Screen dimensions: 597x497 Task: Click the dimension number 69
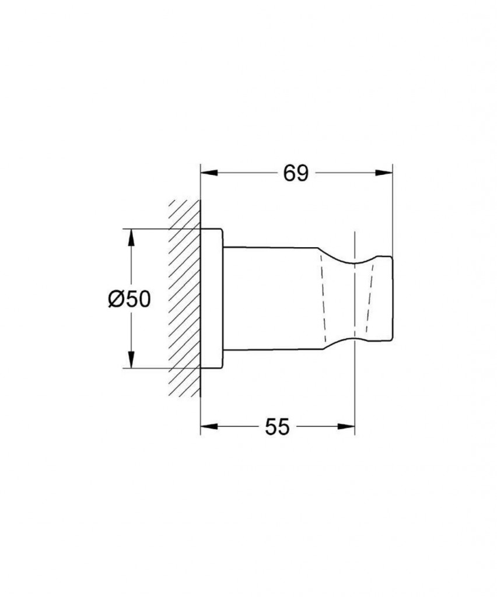(296, 173)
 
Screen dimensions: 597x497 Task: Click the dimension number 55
(277, 427)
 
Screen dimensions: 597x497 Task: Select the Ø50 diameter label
(129, 299)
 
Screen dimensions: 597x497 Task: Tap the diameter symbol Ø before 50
(115, 299)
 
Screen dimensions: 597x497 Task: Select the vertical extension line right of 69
(393, 210)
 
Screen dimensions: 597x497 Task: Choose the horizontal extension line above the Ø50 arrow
(163, 229)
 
